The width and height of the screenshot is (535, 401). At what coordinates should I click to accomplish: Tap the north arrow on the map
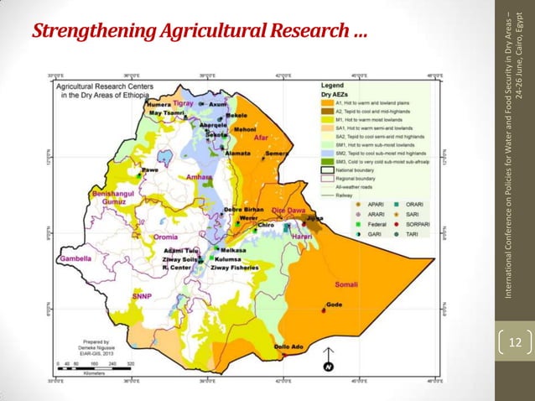click(329, 365)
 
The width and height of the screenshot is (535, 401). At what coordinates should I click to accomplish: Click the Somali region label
click(347, 285)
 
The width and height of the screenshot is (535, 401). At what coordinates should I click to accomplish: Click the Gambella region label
click(73, 259)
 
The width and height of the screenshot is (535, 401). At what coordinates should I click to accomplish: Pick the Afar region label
click(260, 138)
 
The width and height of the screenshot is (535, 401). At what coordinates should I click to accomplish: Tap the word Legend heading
click(334, 86)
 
